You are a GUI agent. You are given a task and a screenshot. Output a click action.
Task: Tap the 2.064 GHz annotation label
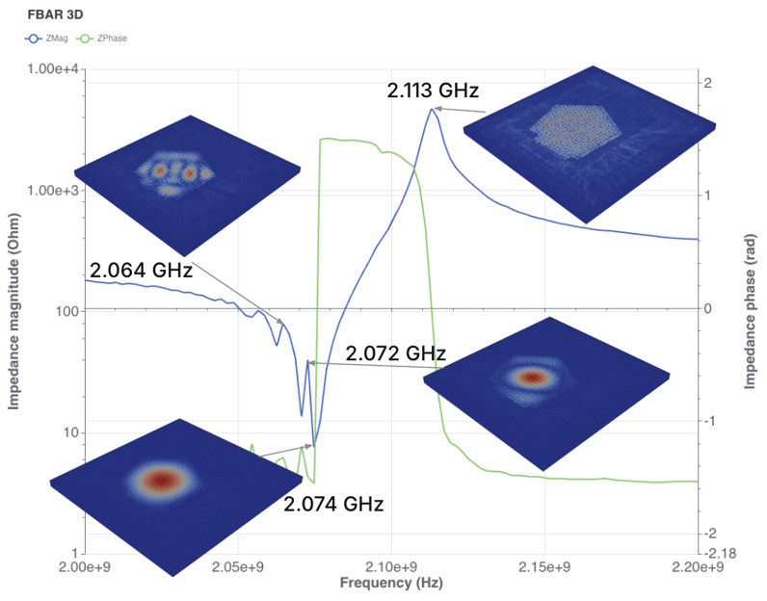coord(141,271)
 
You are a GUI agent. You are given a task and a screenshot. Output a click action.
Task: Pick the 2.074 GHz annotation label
coord(333,504)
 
